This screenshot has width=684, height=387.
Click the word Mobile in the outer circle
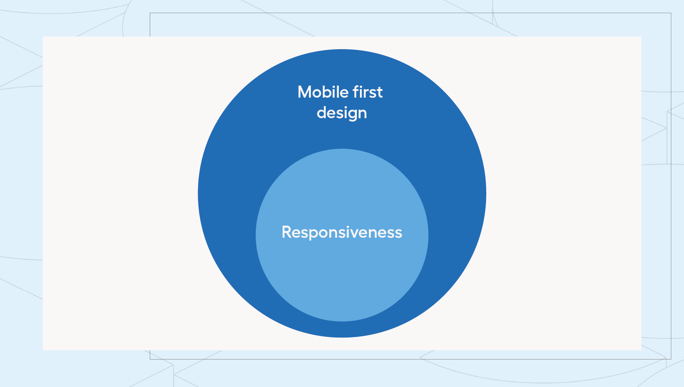tap(323, 92)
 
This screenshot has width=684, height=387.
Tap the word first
tap(368, 92)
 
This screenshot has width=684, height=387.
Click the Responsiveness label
tap(342, 233)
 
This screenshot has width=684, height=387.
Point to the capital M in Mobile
tap(305, 92)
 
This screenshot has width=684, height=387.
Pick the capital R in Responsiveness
tap(287, 232)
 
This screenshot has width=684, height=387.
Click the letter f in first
tap(356, 92)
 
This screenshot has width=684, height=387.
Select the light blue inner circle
tap(342, 269)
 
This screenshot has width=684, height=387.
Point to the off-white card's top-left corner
tap(43, 36)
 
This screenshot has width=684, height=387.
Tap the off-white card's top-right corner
tap(641, 36)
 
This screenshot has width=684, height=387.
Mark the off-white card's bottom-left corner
tap(43, 350)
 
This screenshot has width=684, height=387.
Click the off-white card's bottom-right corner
tap(641, 350)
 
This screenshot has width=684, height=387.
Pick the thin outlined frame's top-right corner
tap(671, 13)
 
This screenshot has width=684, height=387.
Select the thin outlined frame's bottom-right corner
tap(671, 359)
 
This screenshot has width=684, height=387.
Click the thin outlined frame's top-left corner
tap(150, 13)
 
